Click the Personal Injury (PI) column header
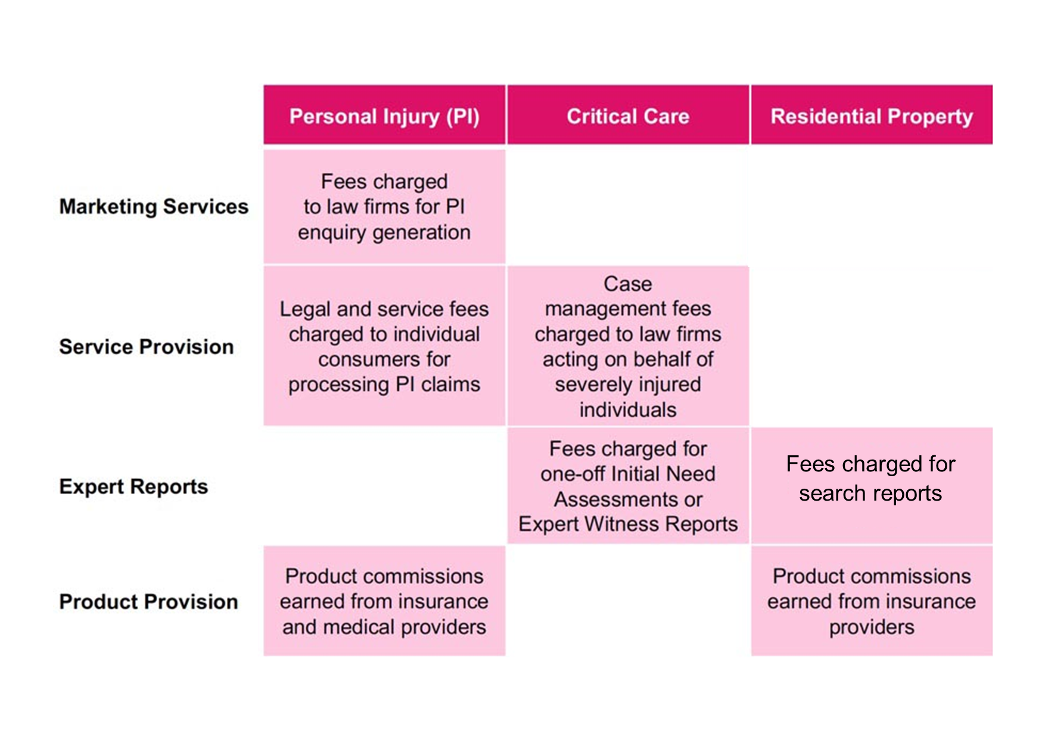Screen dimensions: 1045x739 [384, 115]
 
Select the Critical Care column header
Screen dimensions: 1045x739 [628, 115]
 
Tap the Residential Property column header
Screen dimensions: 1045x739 [872, 115]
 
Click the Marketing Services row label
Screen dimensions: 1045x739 [154, 206]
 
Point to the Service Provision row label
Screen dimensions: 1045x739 [147, 346]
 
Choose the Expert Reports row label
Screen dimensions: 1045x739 [133, 487]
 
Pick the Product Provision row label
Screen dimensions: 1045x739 [148, 601]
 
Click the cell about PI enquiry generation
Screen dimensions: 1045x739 [384, 206]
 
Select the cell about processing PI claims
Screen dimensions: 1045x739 [384, 346]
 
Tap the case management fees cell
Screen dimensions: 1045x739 [628, 346]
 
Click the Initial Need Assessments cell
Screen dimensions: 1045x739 [628, 486]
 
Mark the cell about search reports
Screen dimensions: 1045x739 [872, 486]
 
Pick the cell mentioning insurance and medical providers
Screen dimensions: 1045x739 [384, 601]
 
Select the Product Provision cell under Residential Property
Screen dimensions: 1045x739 [872, 601]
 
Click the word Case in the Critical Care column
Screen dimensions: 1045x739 [628, 284]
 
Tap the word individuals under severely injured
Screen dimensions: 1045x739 [628, 409]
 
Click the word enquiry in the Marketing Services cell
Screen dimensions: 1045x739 [332, 232]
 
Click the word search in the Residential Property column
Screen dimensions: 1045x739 [832, 493]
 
